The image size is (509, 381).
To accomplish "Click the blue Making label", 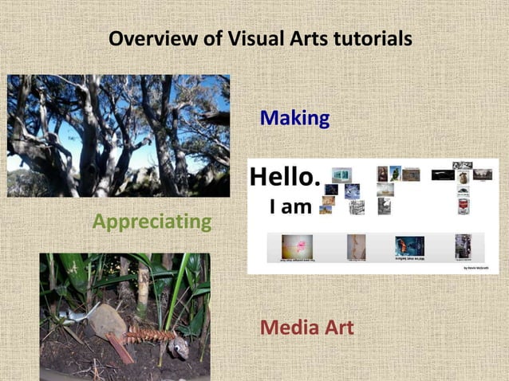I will [294, 119].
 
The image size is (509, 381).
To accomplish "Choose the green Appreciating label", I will [152, 221].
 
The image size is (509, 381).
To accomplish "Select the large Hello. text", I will [285, 176].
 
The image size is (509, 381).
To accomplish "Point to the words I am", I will [290, 207].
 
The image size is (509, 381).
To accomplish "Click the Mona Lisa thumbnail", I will [382, 173].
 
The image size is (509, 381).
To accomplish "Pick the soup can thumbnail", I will [463, 206].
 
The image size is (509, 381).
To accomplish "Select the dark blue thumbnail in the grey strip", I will [409, 245].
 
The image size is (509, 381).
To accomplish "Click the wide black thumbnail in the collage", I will [443, 175].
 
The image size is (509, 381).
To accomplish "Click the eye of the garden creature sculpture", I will [180, 346].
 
